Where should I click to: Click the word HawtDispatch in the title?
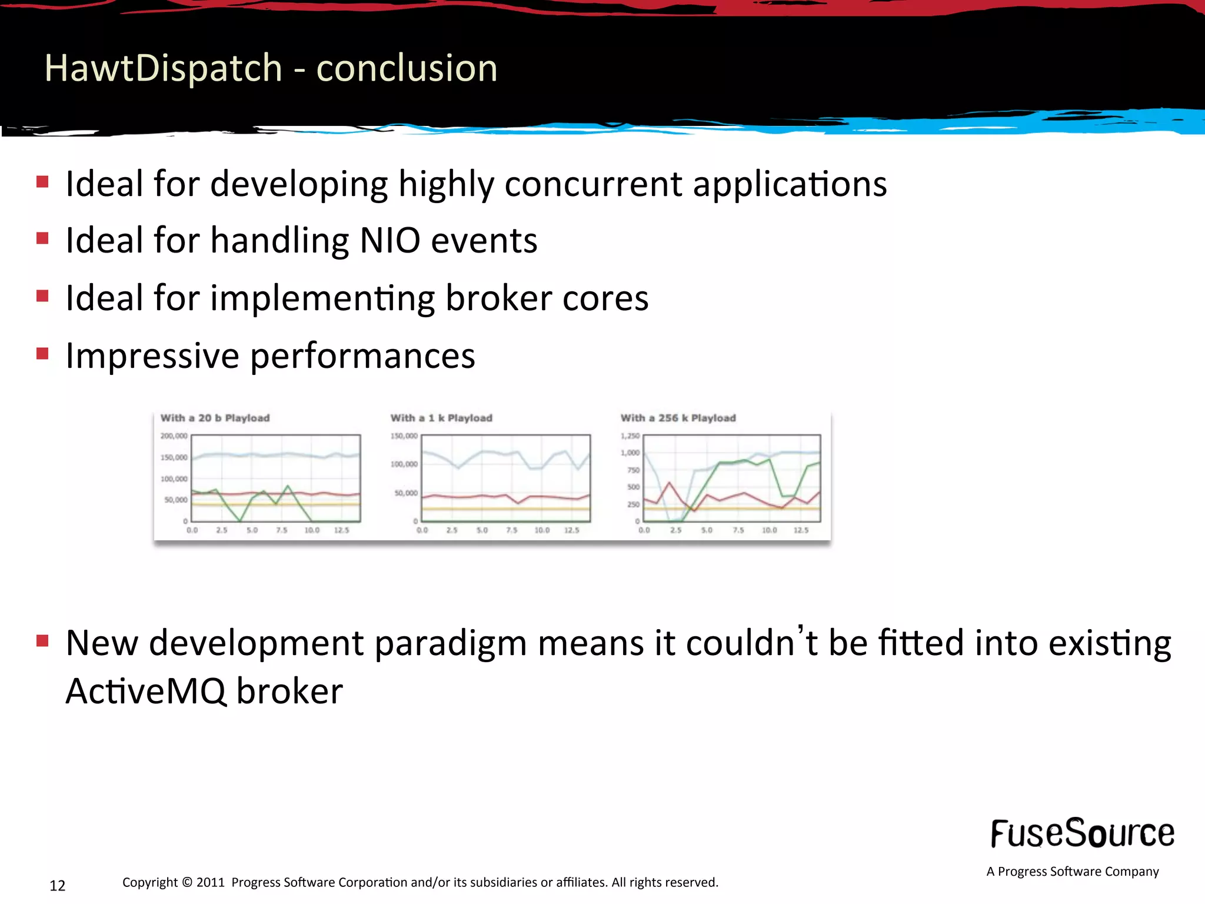point(163,68)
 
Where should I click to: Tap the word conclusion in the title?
point(407,68)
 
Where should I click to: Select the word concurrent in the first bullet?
point(593,184)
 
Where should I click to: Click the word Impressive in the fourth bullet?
point(152,355)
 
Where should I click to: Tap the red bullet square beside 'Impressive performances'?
point(42,354)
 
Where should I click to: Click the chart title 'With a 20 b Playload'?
point(215,418)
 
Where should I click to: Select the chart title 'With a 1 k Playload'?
point(441,418)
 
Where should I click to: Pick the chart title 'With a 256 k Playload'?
point(678,418)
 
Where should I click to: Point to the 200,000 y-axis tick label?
point(174,436)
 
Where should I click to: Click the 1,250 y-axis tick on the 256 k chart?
point(630,436)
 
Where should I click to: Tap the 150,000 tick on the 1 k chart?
point(404,436)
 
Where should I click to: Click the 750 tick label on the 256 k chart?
point(633,470)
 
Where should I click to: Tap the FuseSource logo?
point(1082,833)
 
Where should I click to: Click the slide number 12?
point(57,886)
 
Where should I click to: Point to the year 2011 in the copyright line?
point(211,882)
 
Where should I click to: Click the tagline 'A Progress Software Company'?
point(1072,872)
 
